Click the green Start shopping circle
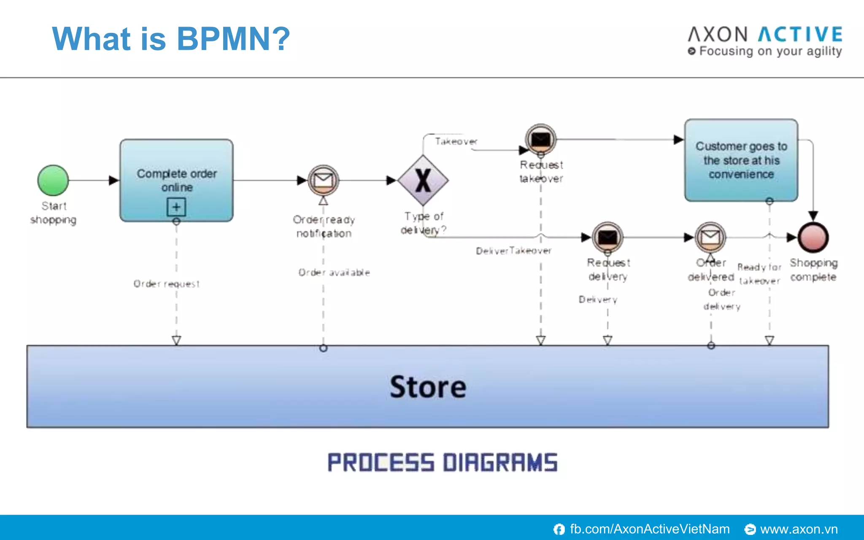click(53, 181)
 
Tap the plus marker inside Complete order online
click(176, 207)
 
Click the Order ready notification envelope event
click(323, 181)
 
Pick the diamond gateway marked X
click(423, 181)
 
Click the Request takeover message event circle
click(541, 139)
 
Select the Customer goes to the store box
click(741, 160)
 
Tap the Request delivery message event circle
click(607, 238)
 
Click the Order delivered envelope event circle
click(710, 238)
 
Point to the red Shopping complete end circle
click(813, 238)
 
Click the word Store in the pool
click(428, 387)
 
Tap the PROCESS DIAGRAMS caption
click(443, 462)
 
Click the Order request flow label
click(166, 284)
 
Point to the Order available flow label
click(334, 273)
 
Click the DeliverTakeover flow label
click(513, 251)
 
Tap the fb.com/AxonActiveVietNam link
click(649, 529)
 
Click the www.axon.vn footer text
click(799, 529)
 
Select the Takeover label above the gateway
click(456, 141)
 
